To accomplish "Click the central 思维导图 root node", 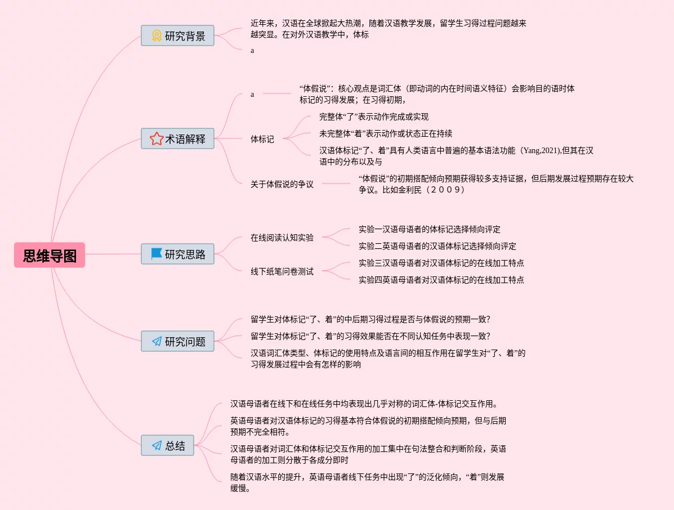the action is tap(50, 255).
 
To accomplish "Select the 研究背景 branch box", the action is tap(177, 35).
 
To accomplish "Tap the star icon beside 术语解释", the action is tap(157, 138).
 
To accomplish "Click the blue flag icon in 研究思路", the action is tap(157, 254).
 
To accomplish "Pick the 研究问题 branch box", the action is tap(177, 341).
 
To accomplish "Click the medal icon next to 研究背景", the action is tap(157, 35).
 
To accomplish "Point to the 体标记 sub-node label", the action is tap(262, 139).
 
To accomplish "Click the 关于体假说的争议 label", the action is tap(282, 184).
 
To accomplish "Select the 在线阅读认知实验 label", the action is tap(282, 238).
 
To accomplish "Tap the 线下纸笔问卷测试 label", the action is tap(282, 271).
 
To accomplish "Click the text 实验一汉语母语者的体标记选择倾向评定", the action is tap(429, 229).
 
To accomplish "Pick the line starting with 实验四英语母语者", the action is tap(441, 280).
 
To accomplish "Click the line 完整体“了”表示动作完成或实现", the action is tap(374, 117).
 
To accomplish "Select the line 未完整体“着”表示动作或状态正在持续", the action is tap(386, 133).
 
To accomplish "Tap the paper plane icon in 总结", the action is tap(157, 446).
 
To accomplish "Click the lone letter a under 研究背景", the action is tap(252, 50).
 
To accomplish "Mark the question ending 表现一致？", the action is tap(370, 336).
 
